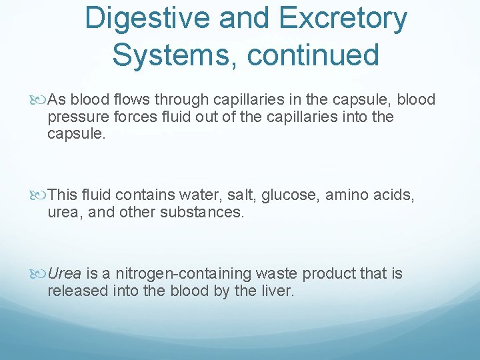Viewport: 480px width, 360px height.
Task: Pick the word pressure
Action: click(77, 117)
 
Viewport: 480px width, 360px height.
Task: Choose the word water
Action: click(198, 195)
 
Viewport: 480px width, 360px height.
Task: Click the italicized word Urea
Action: click(65, 274)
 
